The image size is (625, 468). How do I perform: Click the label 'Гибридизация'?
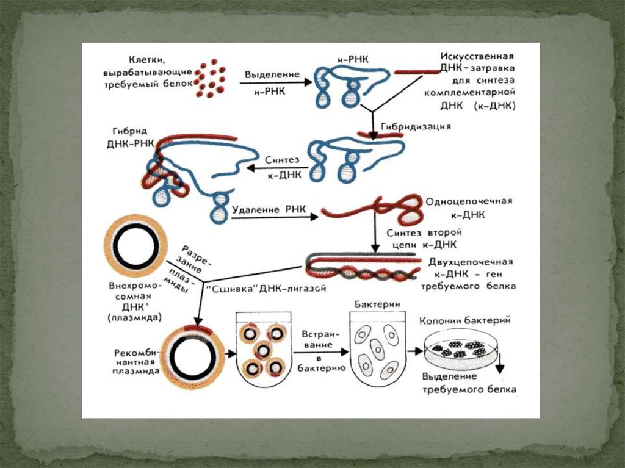point(416,126)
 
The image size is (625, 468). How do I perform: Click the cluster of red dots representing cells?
point(210,77)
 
